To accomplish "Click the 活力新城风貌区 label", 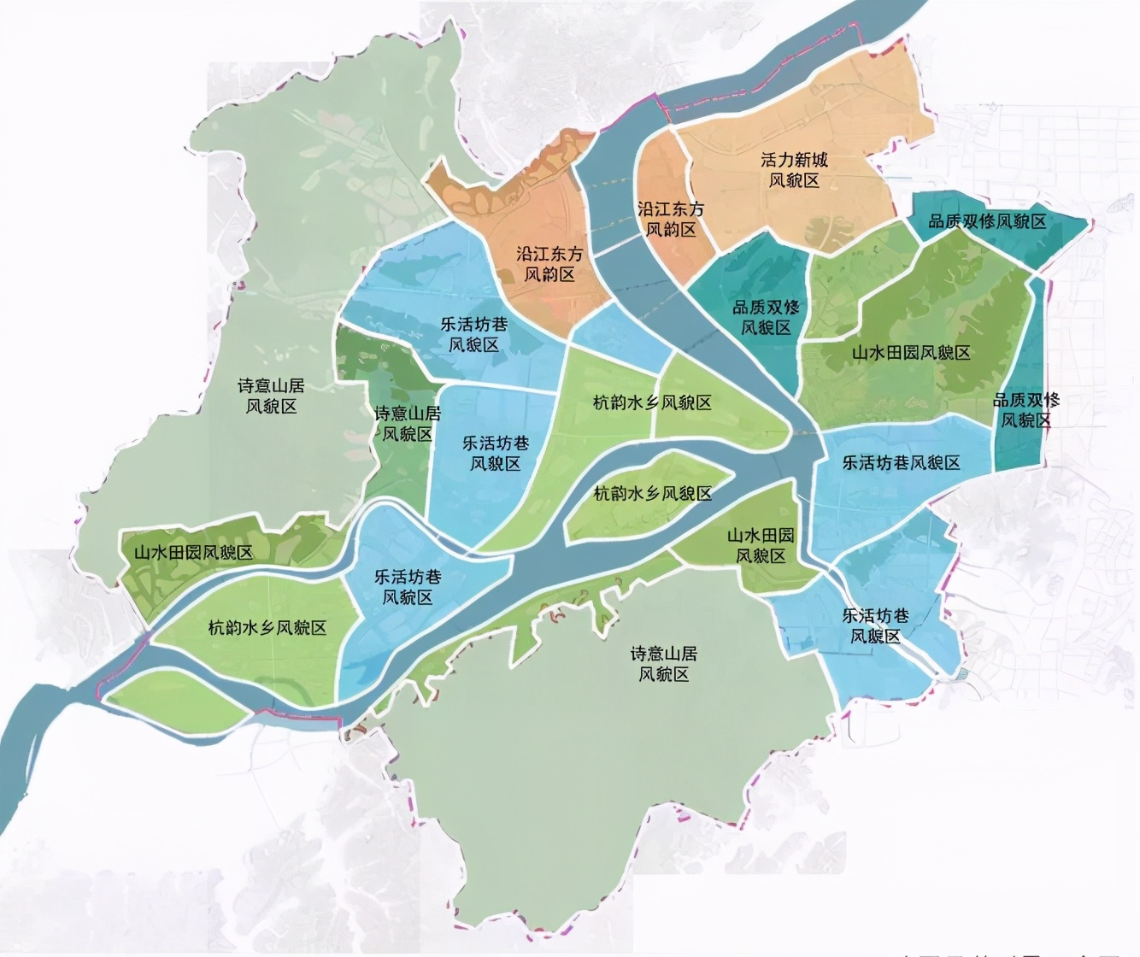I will [x=794, y=170].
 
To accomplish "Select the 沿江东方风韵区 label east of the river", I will [x=671, y=219].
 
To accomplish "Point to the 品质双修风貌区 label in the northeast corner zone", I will [x=987, y=221].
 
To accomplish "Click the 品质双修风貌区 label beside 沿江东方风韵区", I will [x=766, y=317].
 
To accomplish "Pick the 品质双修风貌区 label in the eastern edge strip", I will [x=1025, y=410].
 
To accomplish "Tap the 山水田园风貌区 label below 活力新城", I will [x=911, y=353].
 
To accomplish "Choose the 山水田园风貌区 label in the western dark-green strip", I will [x=193, y=552].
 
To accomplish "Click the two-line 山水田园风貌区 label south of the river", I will [x=761, y=545].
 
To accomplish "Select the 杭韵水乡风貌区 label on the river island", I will [x=653, y=493].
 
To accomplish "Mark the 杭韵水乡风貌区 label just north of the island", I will [x=653, y=402].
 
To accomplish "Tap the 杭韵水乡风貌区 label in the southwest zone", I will [x=267, y=628].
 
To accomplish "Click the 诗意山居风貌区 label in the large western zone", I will [x=271, y=396].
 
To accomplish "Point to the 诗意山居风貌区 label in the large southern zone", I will [x=663, y=664].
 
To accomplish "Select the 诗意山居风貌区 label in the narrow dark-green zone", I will [x=408, y=424].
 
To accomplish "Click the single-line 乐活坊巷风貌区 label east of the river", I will [x=902, y=462].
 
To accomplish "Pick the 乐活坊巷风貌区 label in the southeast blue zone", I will [x=875, y=625].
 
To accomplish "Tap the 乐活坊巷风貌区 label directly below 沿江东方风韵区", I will [x=474, y=334].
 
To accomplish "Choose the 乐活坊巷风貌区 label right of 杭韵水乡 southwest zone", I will [x=408, y=586].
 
